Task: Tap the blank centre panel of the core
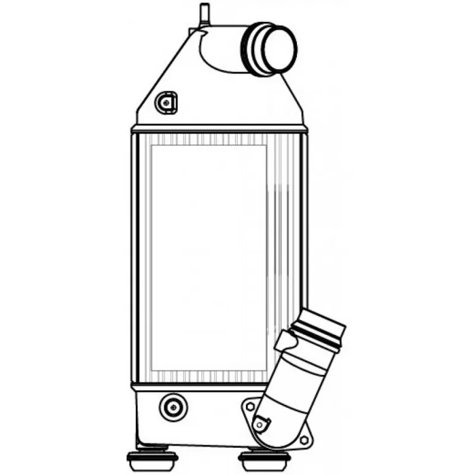[208, 255]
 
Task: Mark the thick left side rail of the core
[135, 258]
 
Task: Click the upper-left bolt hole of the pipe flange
[248, 407]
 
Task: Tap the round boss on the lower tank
[173, 407]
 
